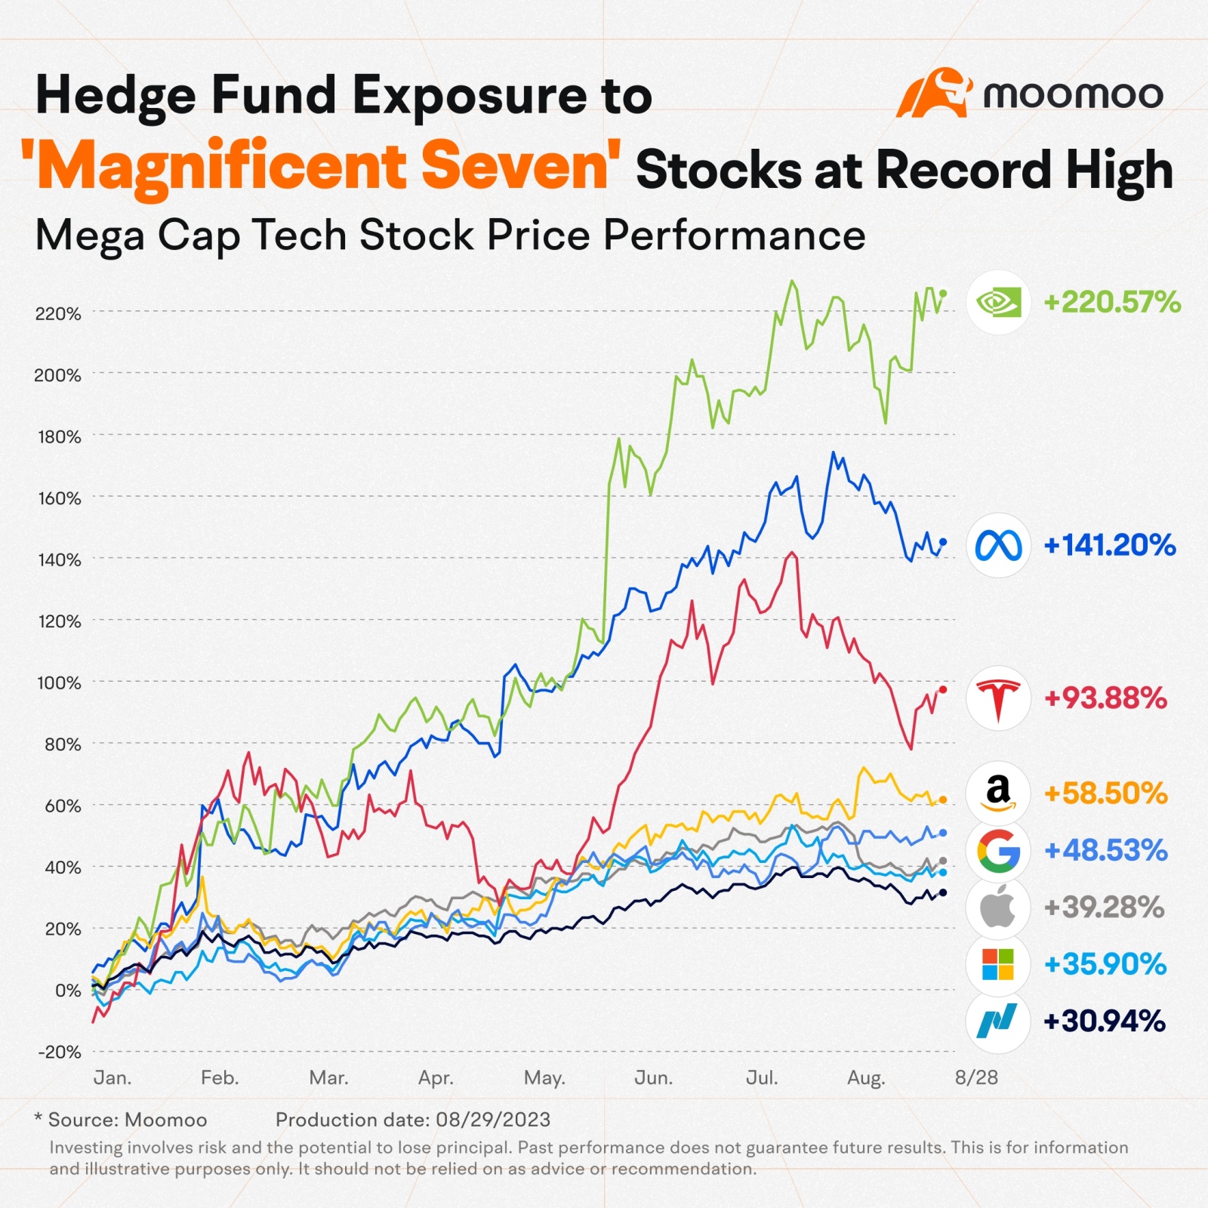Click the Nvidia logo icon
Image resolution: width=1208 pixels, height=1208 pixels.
click(x=998, y=303)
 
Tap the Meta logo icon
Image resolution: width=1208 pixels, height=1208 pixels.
click(x=998, y=545)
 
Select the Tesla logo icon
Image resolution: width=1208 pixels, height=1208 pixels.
click(x=998, y=698)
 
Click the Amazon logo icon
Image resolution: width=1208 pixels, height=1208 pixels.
click(x=998, y=793)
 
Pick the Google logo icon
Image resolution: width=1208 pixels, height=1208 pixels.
click(x=998, y=850)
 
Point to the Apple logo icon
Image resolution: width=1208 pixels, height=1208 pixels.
click(x=998, y=907)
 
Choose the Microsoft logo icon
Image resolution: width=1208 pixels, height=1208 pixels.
click(x=998, y=964)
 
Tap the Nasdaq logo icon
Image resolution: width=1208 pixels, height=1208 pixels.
click(x=998, y=1021)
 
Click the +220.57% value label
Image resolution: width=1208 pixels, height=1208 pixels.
click(x=1111, y=303)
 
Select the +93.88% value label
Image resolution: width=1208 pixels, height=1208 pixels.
click(x=1105, y=698)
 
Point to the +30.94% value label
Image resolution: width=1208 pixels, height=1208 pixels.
click(x=1104, y=1022)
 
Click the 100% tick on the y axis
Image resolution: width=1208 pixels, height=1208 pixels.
click(x=59, y=683)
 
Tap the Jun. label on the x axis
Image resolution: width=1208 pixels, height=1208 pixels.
click(x=653, y=1078)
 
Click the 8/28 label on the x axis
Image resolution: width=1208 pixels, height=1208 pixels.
click(x=976, y=1077)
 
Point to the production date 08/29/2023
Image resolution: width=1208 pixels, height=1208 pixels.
click(x=492, y=1120)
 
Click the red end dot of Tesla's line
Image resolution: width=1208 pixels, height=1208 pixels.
click(x=942, y=689)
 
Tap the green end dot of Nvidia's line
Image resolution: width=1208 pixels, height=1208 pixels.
click(x=942, y=294)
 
